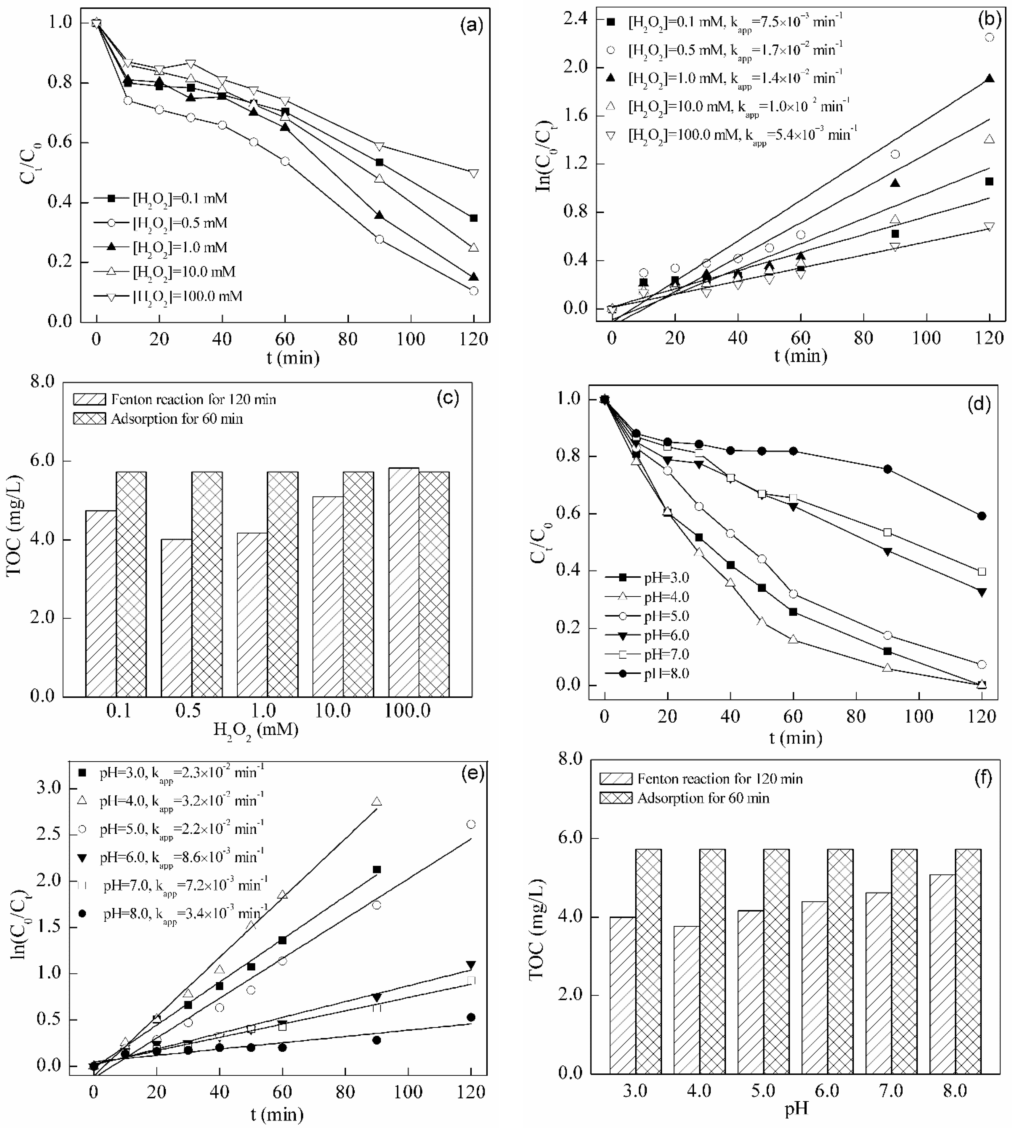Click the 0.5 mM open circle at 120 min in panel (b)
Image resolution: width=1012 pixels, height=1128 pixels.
(989, 37)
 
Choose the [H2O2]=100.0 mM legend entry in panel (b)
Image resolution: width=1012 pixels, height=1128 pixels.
(734, 135)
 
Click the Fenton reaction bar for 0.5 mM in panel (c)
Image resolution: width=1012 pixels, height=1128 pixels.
(176, 617)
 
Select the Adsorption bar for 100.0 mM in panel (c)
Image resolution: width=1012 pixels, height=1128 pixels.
(434, 584)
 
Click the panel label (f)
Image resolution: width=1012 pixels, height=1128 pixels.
(982, 778)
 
